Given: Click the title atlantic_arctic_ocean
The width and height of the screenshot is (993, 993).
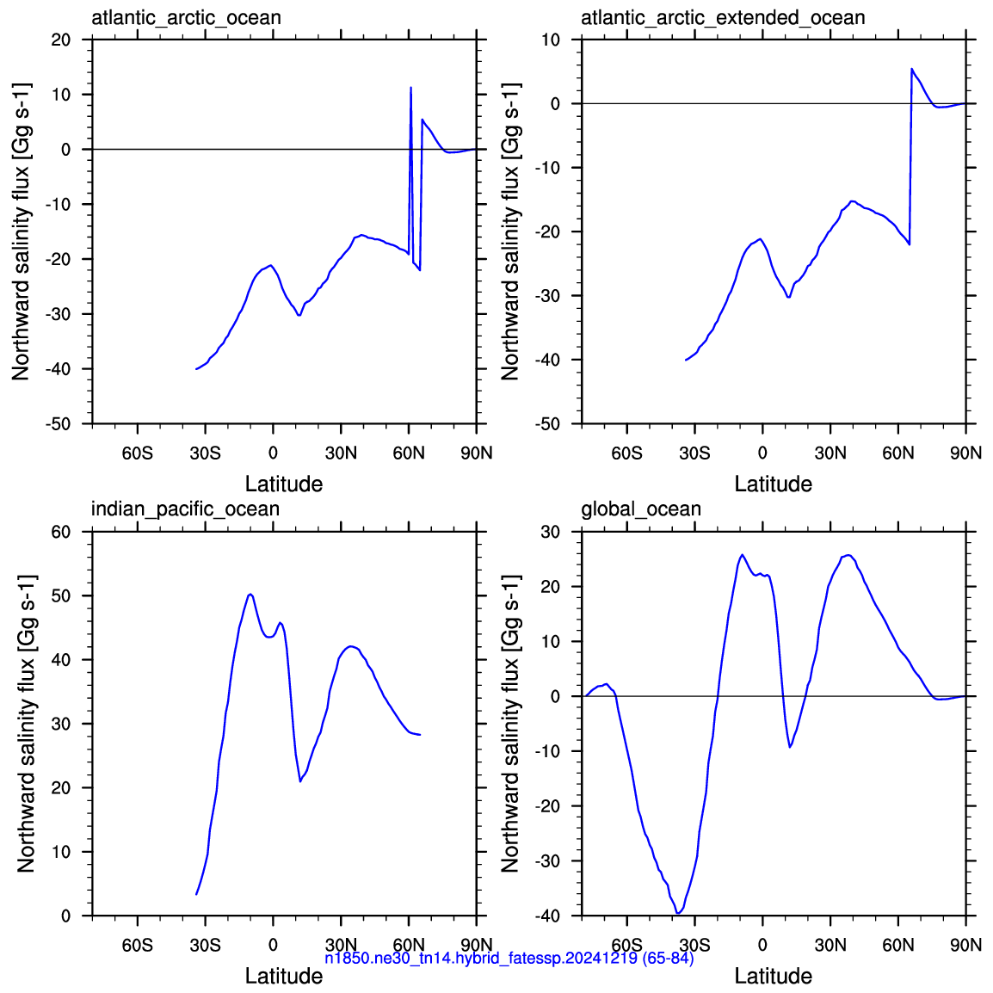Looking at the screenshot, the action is pos(186,18).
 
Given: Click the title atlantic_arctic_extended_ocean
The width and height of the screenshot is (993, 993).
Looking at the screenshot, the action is pos(723,18).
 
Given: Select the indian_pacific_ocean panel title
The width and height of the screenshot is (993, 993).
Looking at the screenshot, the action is pos(186,509).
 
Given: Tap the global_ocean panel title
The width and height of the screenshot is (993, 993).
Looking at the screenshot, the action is pos(641,509).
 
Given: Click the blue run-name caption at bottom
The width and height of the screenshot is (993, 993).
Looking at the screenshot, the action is pos(509,958).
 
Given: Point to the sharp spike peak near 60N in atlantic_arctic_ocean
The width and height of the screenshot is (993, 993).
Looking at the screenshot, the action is pos(411,88).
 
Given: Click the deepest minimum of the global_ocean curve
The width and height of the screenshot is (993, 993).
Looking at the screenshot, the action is pos(677,913).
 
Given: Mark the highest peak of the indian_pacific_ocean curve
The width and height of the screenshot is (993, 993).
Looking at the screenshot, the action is pos(250,594).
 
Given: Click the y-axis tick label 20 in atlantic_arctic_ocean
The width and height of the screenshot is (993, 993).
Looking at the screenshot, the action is pos(61,40).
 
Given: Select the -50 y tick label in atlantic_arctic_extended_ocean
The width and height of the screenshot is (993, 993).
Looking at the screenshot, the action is pos(548,423).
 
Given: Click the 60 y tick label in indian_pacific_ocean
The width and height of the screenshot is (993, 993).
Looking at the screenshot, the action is pos(61,532).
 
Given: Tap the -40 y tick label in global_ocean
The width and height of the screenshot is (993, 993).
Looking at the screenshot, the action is pos(548,916).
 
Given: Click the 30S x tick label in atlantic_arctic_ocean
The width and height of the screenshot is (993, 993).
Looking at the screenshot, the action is pos(205,453).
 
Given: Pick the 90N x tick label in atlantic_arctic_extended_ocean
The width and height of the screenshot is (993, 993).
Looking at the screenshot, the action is pos(965,453).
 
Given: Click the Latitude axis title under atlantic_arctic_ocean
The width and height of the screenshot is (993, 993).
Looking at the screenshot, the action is pos(284,484).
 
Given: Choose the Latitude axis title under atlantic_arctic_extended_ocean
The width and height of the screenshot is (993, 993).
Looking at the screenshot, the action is pos(774,484).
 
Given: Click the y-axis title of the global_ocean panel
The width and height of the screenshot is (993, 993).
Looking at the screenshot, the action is pos(510,723).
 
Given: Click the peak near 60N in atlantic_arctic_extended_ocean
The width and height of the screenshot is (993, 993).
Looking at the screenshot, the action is pos(912,68).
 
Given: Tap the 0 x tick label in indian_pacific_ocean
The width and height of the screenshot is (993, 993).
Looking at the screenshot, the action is pos(273,945).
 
